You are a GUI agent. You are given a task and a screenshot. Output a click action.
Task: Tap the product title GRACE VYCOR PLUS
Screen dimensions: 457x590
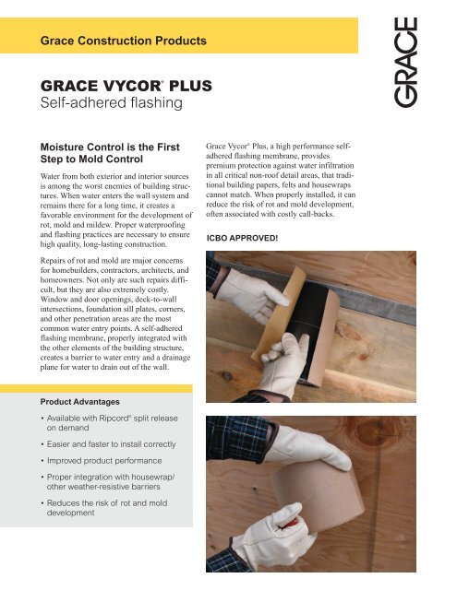coord(124,88)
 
